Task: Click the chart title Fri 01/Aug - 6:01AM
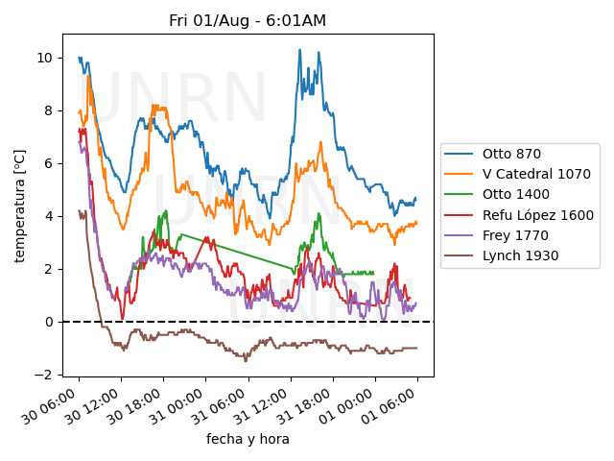pos(248,21)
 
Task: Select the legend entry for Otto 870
pos(509,154)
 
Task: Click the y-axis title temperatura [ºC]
pos(19,206)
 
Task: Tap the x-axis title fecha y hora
pos(248,439)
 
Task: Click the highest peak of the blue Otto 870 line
pos(299,50)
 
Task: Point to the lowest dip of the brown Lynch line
pos(246,360)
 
